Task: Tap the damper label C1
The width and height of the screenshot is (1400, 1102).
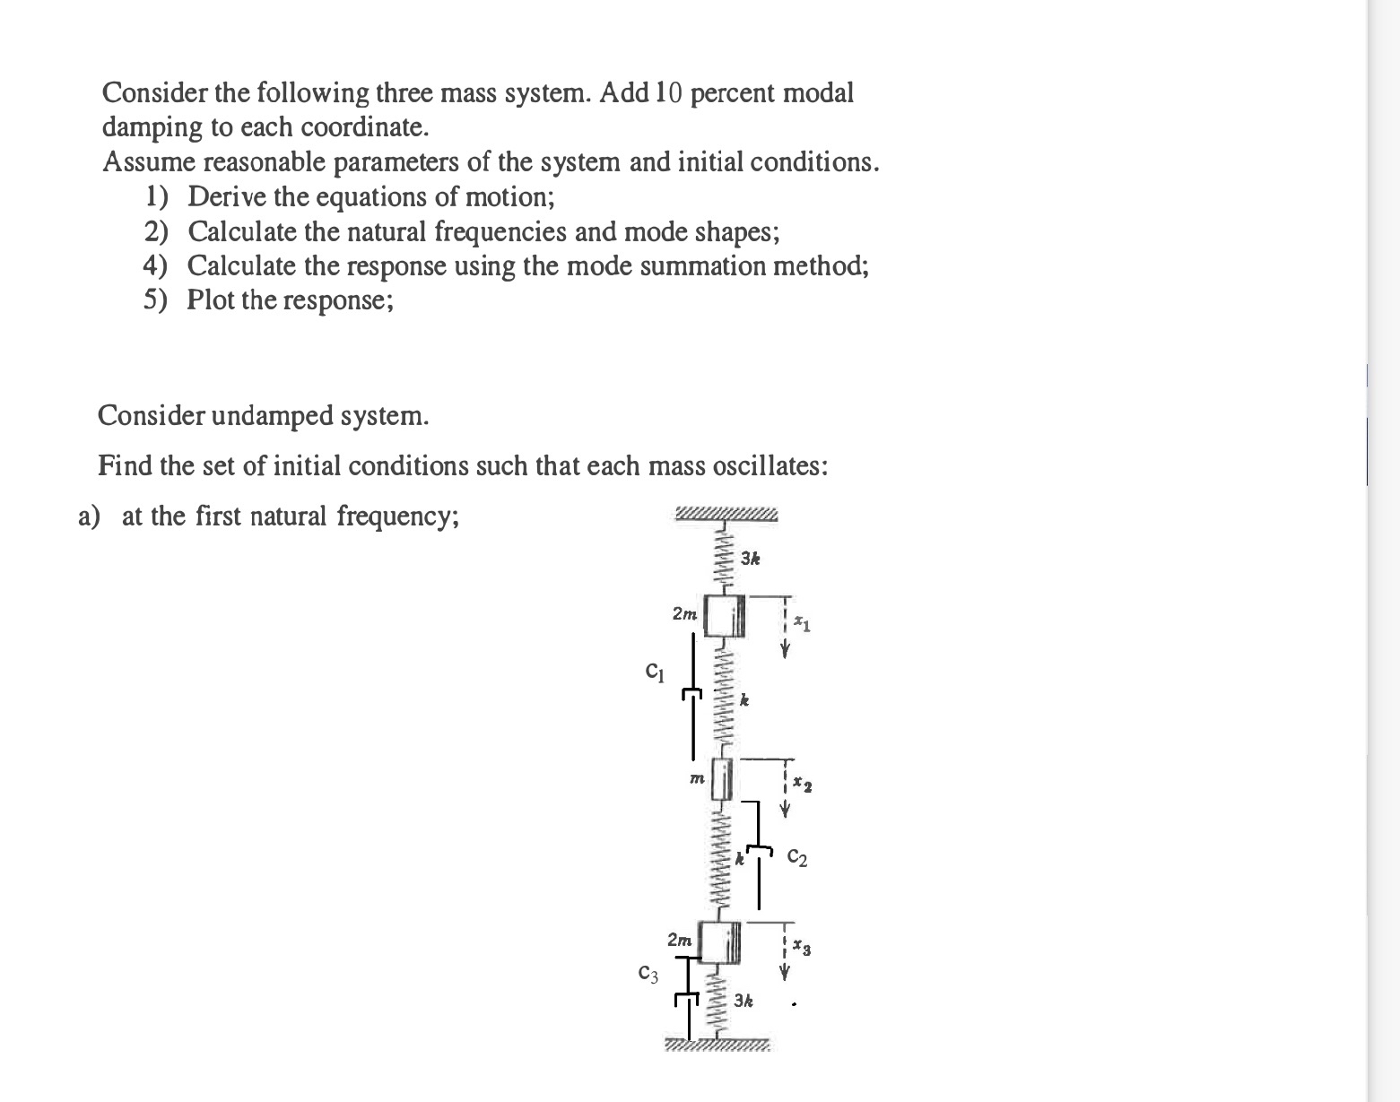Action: (x=656, y=670)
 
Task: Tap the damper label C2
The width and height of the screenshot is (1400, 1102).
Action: (x=797, y=858)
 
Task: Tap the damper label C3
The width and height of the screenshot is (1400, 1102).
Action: (x=648, y=973)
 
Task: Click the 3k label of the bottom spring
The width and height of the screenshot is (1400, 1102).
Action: (x=743, y=999)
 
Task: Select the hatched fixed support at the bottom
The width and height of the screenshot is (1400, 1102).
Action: (x=717, y=1046)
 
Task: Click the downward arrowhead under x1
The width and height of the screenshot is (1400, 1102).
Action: (x=785, y=652)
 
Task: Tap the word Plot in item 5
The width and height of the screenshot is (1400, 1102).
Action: (x=211, y=299)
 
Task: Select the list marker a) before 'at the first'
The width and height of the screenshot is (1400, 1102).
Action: (x=89, y=516)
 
